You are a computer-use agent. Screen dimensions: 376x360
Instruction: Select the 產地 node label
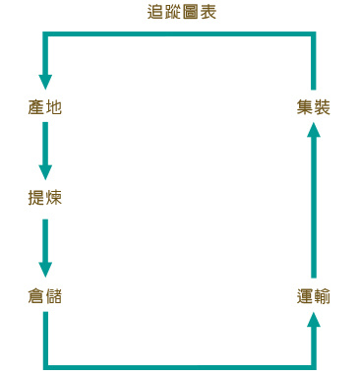click(x=45, y=106)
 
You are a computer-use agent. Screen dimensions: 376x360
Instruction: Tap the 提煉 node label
click(x=45, y=197)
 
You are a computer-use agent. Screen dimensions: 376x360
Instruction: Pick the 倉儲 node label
click(x=45, y=295)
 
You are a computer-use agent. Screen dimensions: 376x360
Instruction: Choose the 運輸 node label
click(x=313, y=295)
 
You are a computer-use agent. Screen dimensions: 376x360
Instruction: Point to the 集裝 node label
click(x=313, y=106)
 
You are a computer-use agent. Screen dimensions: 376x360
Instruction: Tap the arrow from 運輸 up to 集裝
click(x=313, y=202)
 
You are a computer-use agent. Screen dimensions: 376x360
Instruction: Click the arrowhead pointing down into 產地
click(x=45, y=80)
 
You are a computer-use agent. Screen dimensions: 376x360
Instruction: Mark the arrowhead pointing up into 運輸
click(x=313, y=320)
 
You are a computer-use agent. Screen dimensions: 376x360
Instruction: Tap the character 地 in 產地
click(x=54, y=106)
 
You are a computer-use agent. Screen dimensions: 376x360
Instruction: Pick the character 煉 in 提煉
click(x=54, y=197)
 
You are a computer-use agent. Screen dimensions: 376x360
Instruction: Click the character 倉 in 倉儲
click(x=37, y=295)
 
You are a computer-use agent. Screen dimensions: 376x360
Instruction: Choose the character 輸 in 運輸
click(x=322, y=295)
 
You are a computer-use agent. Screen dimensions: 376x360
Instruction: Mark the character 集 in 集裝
click(x=304, y=106)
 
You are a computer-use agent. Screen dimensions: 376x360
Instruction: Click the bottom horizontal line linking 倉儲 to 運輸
click(x=179, y=368)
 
